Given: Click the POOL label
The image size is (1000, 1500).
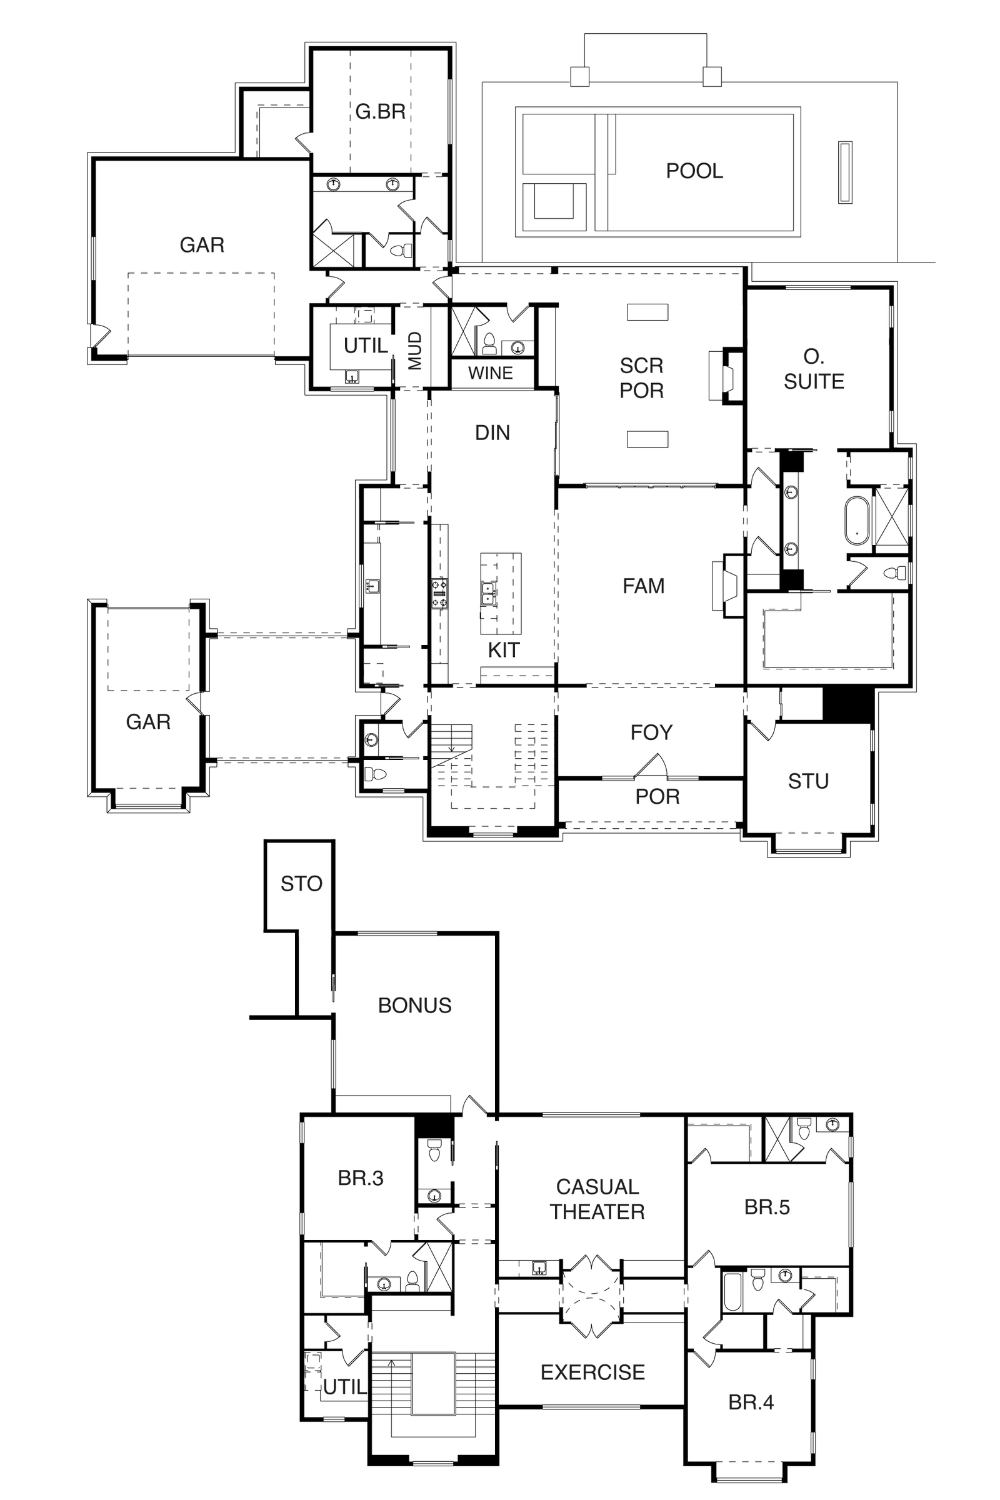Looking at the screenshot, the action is point(694,171).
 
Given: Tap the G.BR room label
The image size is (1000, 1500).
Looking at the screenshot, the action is point(381,112).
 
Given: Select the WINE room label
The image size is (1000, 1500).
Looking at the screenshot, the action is point(491,373).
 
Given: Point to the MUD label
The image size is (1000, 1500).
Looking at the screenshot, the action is point(415,350).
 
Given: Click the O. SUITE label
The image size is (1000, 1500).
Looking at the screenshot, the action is point(814,369).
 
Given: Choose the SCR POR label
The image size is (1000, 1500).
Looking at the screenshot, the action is point(642,378).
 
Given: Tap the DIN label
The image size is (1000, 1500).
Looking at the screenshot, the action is point(492,433).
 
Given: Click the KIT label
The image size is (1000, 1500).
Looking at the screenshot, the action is point(504,651).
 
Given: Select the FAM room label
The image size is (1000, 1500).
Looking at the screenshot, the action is point(644,586).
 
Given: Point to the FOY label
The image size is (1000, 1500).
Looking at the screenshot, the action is point(651,732).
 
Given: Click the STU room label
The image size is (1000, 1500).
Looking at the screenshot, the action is point(808,781).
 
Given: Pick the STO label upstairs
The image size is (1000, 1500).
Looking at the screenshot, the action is point(302,884).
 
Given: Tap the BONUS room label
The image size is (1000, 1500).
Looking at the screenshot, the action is point(414,1006).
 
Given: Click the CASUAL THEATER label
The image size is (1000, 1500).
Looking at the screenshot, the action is point(597,1199).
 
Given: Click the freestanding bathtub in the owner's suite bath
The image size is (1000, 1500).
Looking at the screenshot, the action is point(857,521).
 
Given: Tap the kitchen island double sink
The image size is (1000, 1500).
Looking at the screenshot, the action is point(489,593).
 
